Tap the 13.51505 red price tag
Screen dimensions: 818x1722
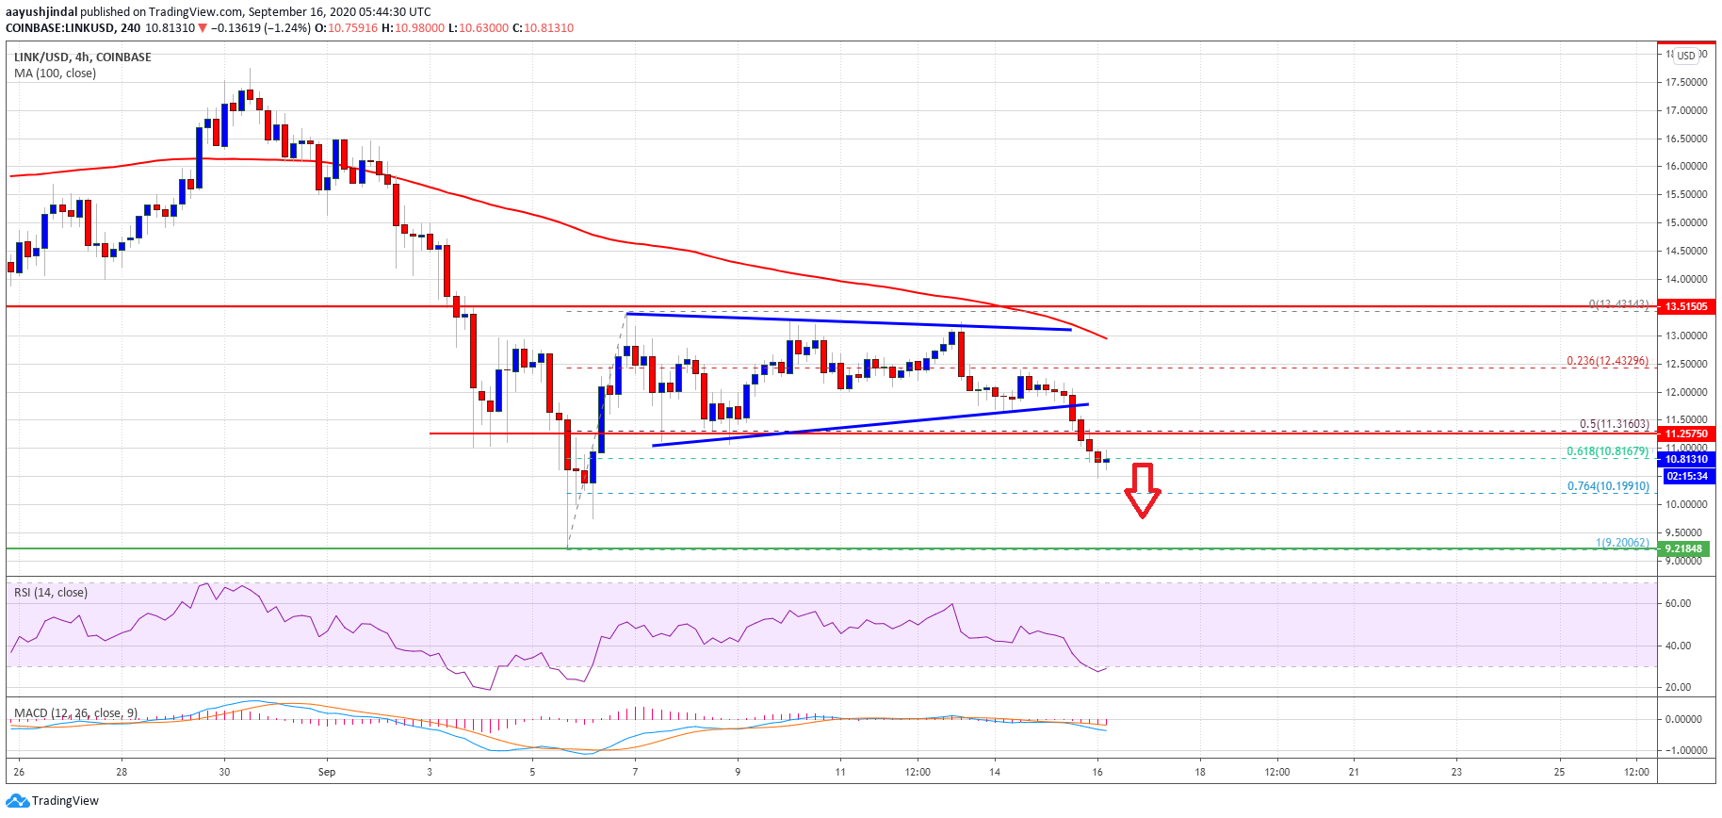1685,306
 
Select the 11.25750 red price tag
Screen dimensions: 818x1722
1685,434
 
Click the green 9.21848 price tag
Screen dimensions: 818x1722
1684,548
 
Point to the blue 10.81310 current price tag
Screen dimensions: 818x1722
1685,460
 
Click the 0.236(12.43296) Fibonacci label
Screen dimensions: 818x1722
1607,361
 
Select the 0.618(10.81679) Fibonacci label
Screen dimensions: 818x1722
1607,451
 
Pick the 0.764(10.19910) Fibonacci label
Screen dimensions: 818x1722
1607,486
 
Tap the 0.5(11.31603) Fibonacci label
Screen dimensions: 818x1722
1614,424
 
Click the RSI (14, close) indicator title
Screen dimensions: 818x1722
51,593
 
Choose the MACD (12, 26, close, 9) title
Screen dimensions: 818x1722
75,713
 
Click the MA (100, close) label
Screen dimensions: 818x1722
55,74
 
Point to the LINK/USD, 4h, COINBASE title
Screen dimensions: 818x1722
83,57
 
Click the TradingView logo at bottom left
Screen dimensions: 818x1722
53,801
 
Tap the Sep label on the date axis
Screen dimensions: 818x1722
327,772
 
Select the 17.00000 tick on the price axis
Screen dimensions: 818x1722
1686,110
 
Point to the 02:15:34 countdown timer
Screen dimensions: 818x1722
1686,476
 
